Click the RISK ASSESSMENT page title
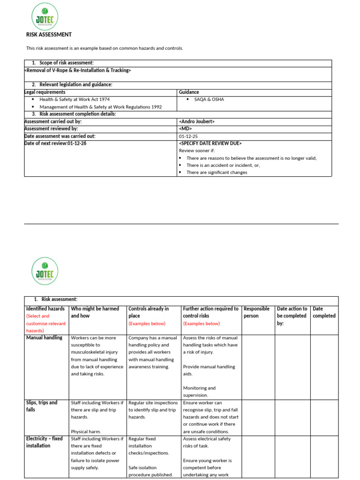(49, 35)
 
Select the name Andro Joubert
(197, 121)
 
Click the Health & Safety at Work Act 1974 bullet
(75, 99)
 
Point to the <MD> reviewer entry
(186, 128)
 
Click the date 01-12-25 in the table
(188, 136)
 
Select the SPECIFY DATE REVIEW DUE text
(210, 143)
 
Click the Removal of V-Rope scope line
(77, 70)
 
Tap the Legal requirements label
(45, 92)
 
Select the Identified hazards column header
(45, 309)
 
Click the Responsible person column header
(257, 312)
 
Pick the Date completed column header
(324, 312)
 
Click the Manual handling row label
(44, 338)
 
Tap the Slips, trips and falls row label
(42, 406)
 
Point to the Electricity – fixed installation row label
(44, 442)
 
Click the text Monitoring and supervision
(199, 391)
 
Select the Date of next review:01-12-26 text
(55, 143)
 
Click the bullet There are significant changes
(217, 172)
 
